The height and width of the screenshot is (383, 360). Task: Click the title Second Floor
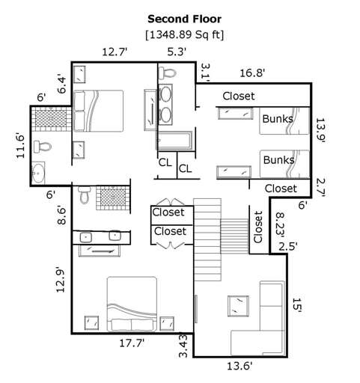(184, 19)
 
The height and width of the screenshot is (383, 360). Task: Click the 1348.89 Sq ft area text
(184, 34)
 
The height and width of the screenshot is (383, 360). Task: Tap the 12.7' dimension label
(116, 52)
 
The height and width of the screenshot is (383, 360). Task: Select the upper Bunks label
(278, 118)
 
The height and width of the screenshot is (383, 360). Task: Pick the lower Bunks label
(278, 160)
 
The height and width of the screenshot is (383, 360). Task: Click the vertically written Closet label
(258, 227)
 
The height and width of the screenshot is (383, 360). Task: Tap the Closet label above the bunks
(239, 96)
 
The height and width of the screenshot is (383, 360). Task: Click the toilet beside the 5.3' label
(168, 73)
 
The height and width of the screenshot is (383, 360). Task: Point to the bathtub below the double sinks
(174, 139)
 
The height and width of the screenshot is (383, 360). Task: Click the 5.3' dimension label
(177, 52)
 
